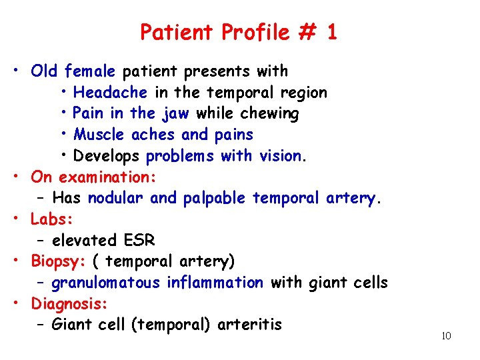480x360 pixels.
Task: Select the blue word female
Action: [90, 71]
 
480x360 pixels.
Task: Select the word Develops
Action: [107, 157]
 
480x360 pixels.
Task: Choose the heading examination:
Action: [107, 177]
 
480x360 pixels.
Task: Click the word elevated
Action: [83, 240]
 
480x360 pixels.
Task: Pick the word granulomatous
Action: [106, 283]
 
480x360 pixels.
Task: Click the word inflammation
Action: [215, 283]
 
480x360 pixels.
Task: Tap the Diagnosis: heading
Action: [69, 304]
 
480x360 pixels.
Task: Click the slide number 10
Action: [446, 335]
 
